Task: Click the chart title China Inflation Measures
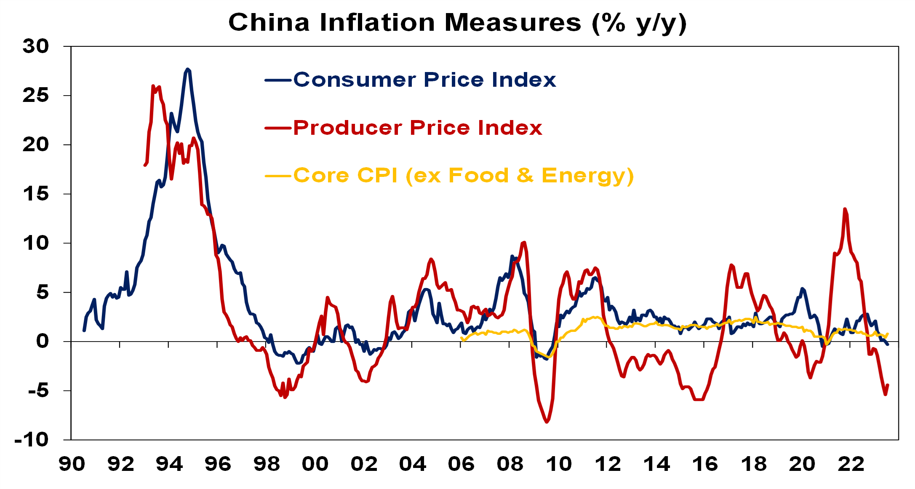coord(457,23)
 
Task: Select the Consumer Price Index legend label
coord(424,80)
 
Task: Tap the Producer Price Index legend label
coord(418,128)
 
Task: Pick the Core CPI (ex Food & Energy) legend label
coord(463,176)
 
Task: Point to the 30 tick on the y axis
coord(36,46)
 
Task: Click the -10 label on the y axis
coord(32,440)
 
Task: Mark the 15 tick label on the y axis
coord(36,194)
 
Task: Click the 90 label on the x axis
coord(72,464)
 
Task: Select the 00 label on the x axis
coord(315,464)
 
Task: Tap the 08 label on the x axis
coord(510,464)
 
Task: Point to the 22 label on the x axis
coord(851,464)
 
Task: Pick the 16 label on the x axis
coord(705,464)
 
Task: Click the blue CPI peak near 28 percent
coord(188,69)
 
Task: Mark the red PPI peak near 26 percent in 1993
coord(153,86)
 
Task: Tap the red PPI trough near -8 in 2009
coord(547,422)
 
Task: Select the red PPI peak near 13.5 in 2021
coord(845,209)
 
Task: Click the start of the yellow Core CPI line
coord(462,338)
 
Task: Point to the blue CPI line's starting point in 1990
coord(84,330)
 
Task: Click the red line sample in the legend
coord(278,128)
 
